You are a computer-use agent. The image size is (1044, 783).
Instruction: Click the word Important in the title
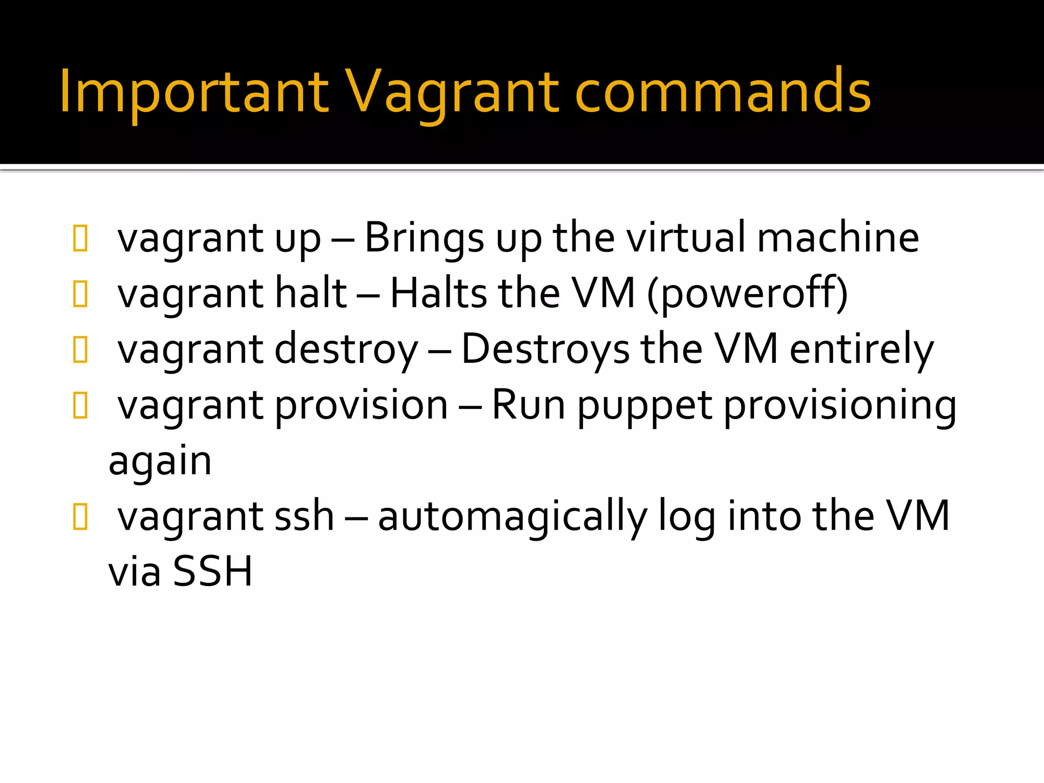click(x=194, y=92)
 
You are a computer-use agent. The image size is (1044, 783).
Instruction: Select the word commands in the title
click(x=722, y=92)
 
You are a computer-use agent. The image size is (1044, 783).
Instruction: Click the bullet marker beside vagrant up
click(x=81, y=238)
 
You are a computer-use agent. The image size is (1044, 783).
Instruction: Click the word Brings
click(x=424, y=239)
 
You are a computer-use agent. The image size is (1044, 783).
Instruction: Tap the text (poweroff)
click(x=747, y=294)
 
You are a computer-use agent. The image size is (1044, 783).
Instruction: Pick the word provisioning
click(x=840, y=406)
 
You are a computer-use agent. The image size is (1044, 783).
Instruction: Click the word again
click(x=160, y=462)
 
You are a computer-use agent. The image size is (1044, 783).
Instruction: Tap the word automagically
click(x=512, y=517)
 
